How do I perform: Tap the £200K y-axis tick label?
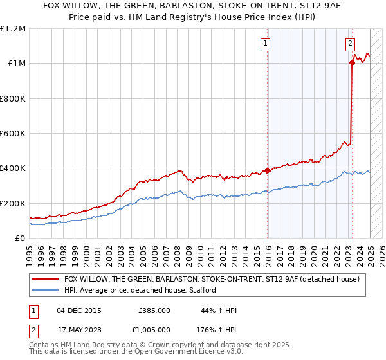tap(13, 203)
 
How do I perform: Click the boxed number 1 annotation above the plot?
tap(265, 44)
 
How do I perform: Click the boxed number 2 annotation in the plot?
tap(350, 44)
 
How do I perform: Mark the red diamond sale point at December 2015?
tap(268, 171)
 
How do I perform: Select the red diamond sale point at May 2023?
tap(353, 62)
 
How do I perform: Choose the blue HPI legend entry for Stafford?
tap(140, 291)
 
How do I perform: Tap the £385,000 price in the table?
tap(154, 310)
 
